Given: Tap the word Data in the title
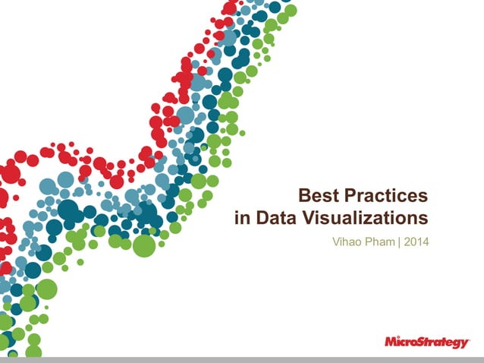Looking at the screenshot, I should [x=275, y=219].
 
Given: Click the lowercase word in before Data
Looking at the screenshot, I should [x=241, y=219].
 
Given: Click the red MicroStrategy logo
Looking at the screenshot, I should [x=426, y=342].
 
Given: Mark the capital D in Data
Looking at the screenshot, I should [x=261, y=219].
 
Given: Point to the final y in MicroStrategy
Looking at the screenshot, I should [x=464, y=343].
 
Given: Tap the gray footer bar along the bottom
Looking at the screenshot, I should [x=242, y=359].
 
